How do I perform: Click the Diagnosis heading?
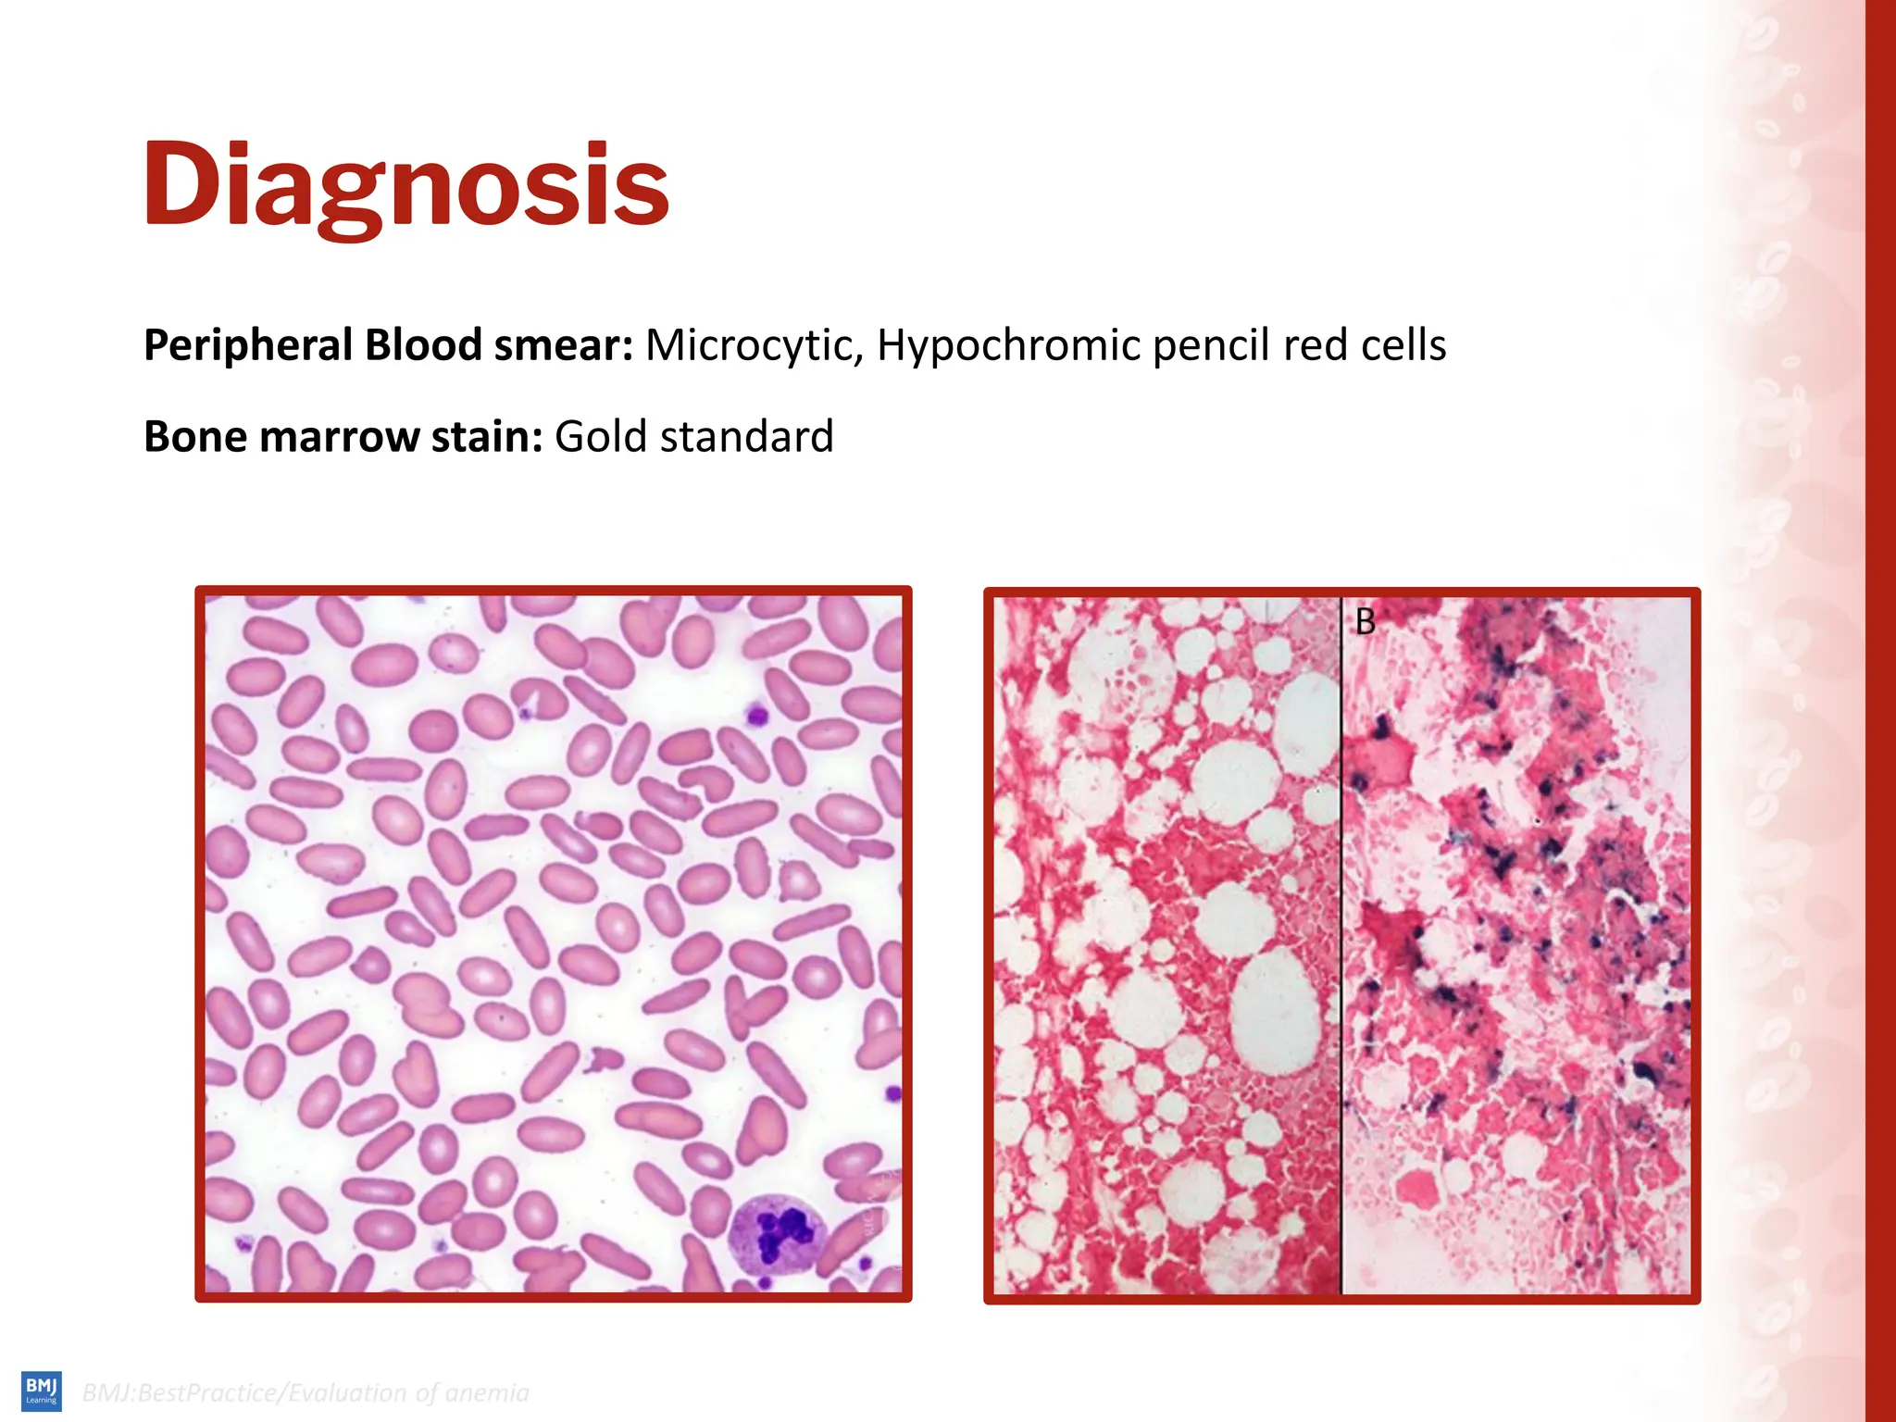coord(405,185)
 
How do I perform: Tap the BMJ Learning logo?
coord(42,1391)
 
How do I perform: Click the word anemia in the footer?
coord(486,1393)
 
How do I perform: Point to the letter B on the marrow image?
coord(1365,622)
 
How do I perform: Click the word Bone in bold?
coord(195,437)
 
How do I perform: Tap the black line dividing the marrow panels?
coord(1341,944)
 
